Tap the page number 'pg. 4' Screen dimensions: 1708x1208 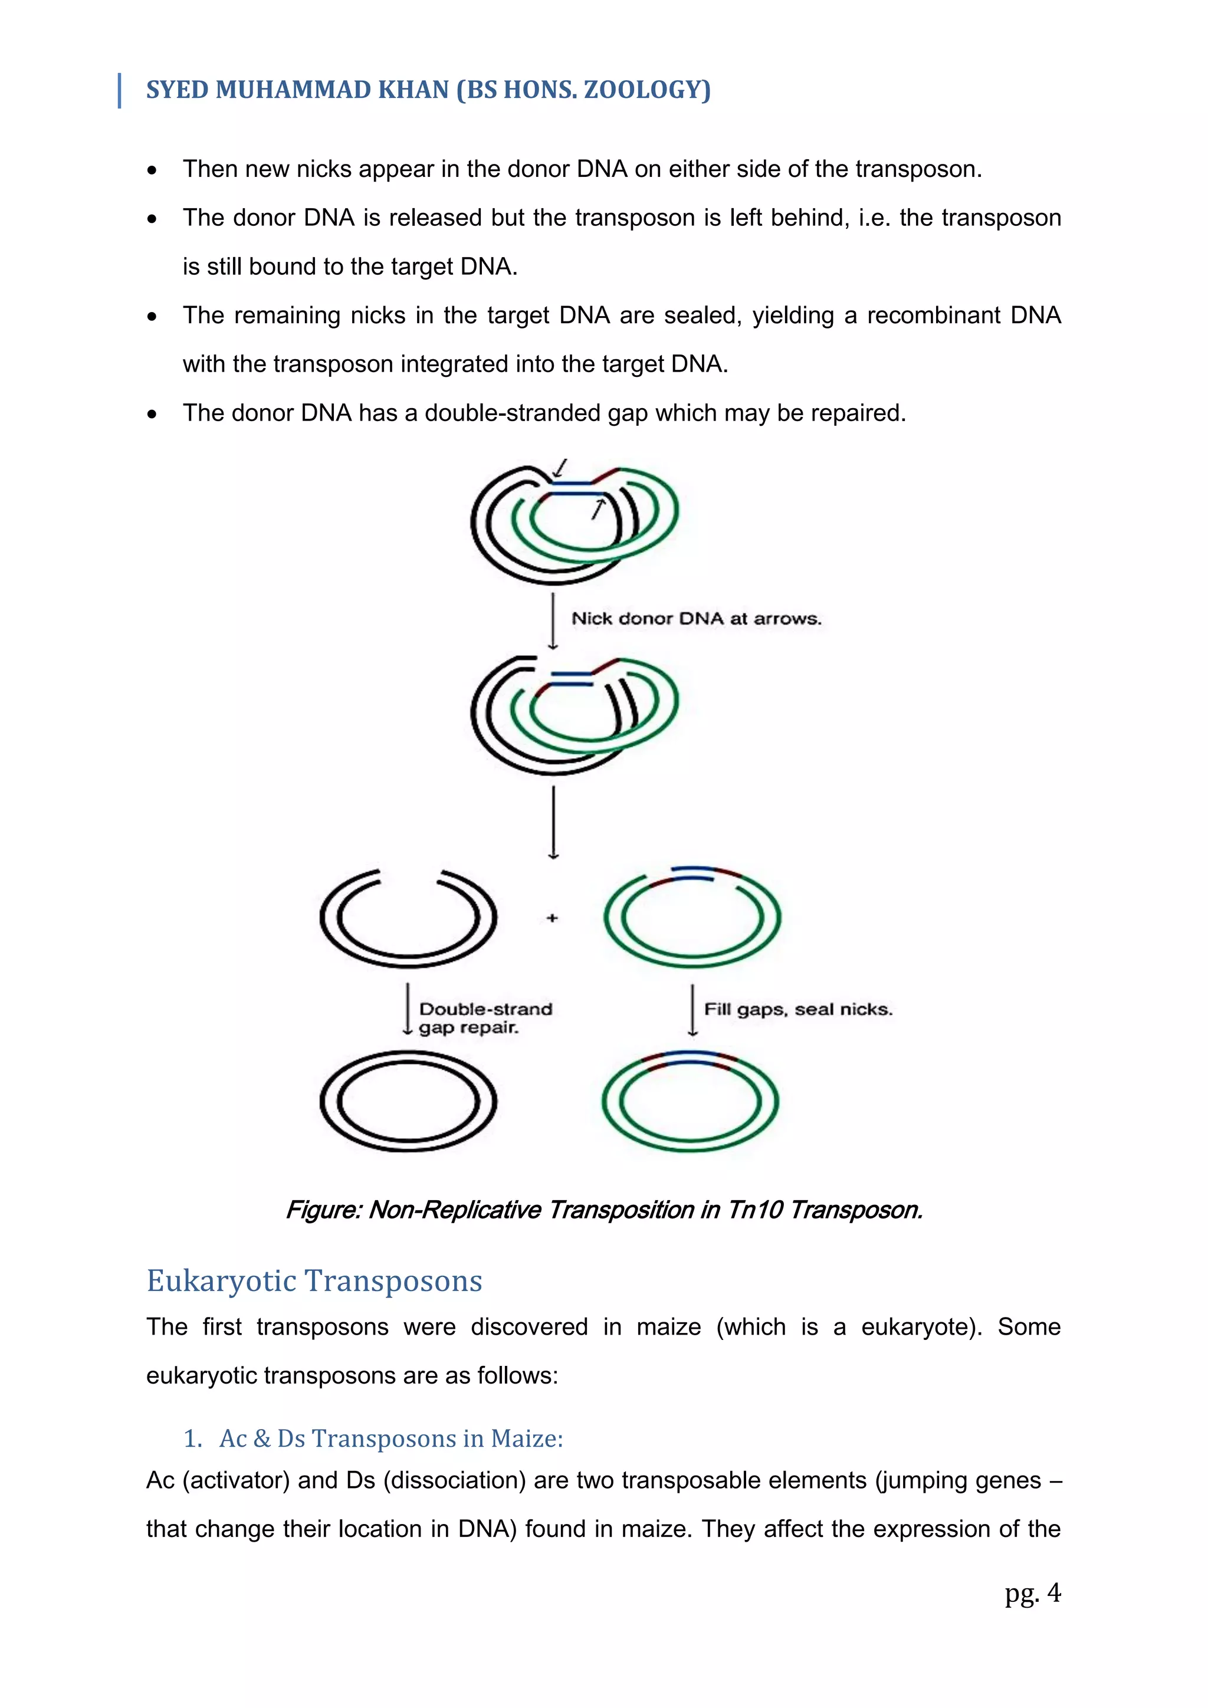[x=1032, y=1592]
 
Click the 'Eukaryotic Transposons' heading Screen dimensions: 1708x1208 [x=314, y=1281]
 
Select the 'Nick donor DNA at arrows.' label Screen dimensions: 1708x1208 [x=695, y=619]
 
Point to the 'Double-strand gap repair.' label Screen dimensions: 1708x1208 [x=485, y=1017]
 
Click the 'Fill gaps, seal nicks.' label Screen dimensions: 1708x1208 [x=797, y=1010]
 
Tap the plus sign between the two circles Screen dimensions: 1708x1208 [x=552, y=918]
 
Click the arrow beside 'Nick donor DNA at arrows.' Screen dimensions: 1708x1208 [x=553, y=621]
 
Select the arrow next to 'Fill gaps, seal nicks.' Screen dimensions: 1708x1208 [x=692, y=1010]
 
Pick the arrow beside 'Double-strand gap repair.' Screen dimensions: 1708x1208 [x=407, y=1009]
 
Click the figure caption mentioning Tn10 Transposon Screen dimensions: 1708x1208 [x=604, y=1210]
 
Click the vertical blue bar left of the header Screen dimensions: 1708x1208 [x=119, y=90]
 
